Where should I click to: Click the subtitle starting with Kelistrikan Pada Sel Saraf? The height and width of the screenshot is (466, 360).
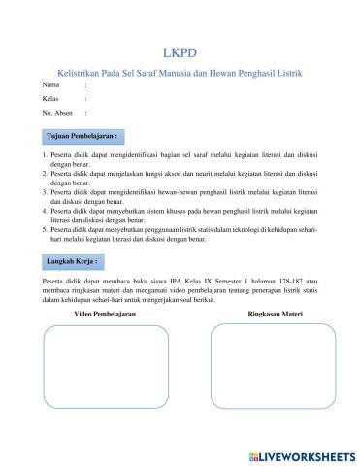pos(180,72)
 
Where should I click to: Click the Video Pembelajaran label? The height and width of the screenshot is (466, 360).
pos(105,315)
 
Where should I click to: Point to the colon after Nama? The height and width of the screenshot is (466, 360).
pos(86,85)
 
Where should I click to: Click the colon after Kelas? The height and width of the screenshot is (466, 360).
pos(86,99)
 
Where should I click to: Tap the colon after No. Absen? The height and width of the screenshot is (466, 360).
pos(86,114)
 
